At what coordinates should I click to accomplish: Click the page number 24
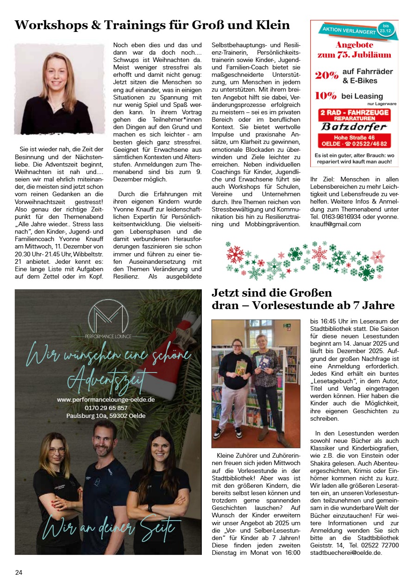click(x=19, y=572)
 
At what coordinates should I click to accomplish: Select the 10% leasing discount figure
click(x=325, y=96)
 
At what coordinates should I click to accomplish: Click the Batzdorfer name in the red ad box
click(x=354, y=127)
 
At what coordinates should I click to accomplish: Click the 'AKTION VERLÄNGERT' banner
click(x=347, y=31)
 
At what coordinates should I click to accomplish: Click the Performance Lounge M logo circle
click(x=108, y=317)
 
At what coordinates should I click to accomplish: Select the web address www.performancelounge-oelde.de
click(x=106, y=399)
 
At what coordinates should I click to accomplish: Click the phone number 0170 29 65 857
click(x=106, y=408)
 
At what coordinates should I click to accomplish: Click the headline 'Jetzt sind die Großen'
click(x=272, y=293)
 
